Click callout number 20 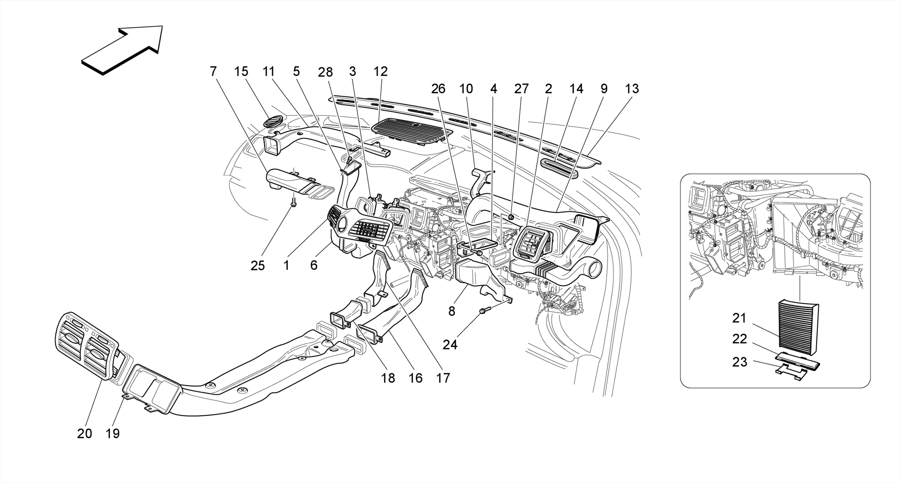click(84, 433)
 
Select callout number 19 click(112, 433)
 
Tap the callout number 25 click(258, 265)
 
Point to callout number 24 click(450, 345)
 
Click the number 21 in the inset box click(739, 317)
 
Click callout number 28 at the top click(325, 72)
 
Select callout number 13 click(631, 89)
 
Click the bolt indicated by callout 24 click(483, 311)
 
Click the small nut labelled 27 click(511, 217)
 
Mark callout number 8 click(451, 311)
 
